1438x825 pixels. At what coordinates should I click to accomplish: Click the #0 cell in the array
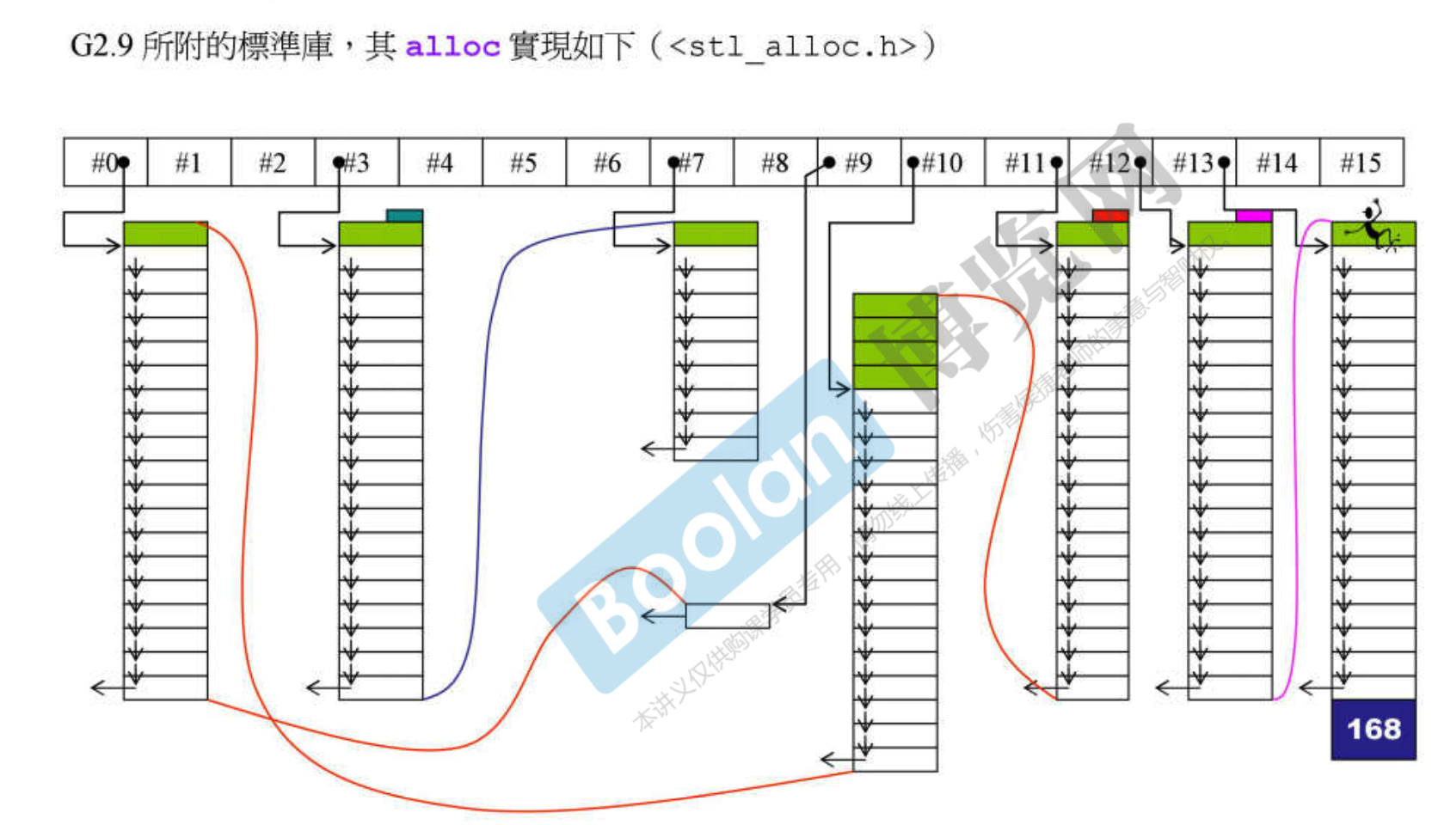point(106,162)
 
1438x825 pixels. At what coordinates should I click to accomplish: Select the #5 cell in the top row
point(524,162)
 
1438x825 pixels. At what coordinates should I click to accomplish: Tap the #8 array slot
point(775,162)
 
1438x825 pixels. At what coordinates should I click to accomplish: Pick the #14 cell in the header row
point(1277,162)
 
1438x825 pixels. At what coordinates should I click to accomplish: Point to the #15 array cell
point(1361,162)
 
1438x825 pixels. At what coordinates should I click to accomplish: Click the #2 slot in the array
point(273,162)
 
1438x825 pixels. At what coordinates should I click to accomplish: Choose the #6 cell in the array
point(607,162)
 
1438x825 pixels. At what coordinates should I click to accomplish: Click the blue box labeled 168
point(1373,730)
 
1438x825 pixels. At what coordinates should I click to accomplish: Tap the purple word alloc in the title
point(452,46)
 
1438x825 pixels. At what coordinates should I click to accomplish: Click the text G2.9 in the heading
point(101,46)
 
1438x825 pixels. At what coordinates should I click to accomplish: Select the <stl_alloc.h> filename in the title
point(791,46)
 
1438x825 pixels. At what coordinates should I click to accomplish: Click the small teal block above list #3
point(404,216)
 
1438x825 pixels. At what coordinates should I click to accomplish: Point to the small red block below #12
point(1109,216)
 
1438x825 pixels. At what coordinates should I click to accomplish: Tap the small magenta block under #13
point(1253,216)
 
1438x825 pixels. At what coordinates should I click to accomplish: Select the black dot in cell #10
point(913,162)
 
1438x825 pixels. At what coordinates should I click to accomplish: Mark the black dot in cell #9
point(829,162)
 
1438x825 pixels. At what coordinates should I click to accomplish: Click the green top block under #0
point(165,234)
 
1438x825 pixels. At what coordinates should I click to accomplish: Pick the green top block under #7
point(716,234)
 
